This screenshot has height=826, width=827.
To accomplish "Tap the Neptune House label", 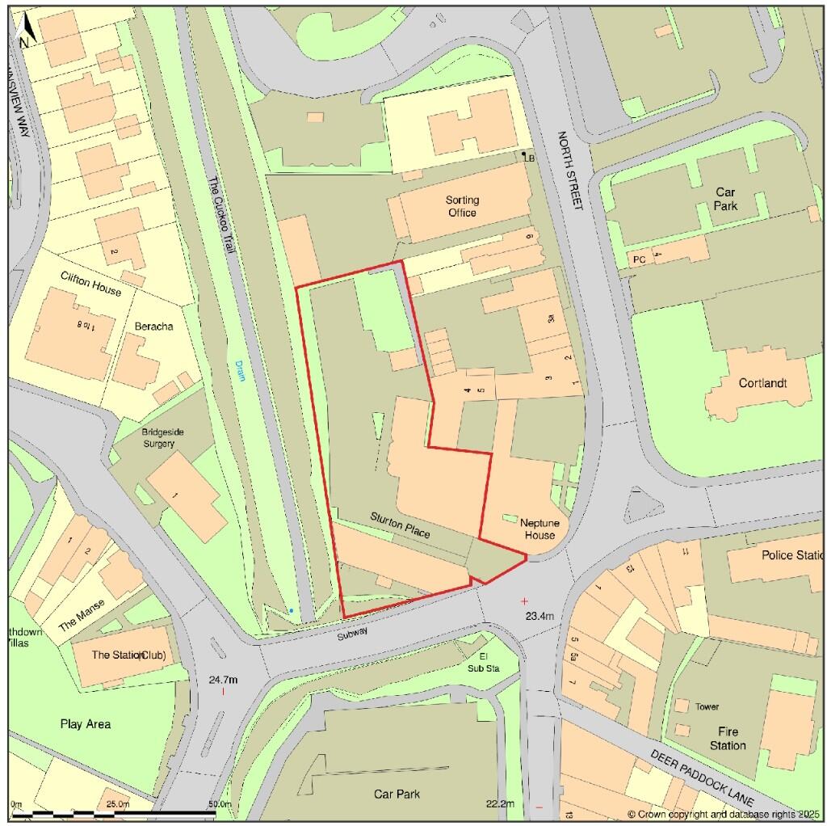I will tap(538, 529).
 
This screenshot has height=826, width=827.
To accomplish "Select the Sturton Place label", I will tap(400, 525).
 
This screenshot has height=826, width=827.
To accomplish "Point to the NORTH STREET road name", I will tap(569, 171).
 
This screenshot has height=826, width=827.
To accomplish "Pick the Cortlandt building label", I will tap(762, 383).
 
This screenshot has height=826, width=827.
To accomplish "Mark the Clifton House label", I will tap(90, 283).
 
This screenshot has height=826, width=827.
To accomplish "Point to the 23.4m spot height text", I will tap(540, 616).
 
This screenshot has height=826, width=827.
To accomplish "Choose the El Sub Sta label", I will tap(485, 662).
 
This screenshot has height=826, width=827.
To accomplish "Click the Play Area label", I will tap(85, 724).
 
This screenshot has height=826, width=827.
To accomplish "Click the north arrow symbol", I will tap(23, 32).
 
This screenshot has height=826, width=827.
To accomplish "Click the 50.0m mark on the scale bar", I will tap(219, 805).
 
